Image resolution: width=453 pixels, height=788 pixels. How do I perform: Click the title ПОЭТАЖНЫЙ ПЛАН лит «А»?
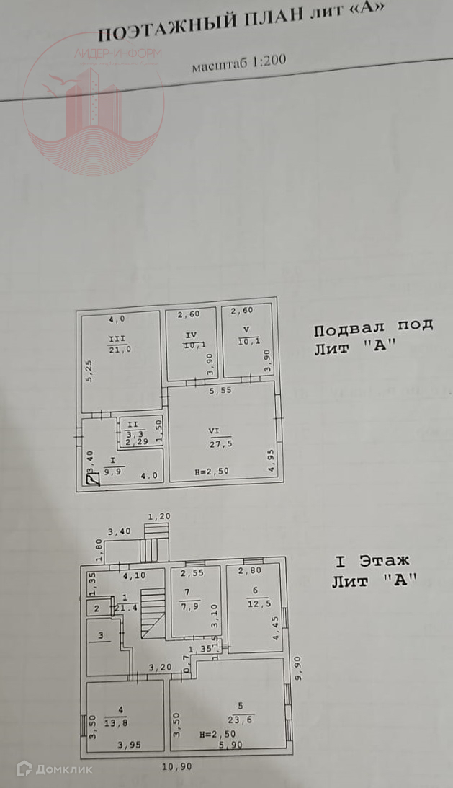point(241,24)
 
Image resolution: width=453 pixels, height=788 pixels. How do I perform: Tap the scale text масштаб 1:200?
point(238,63)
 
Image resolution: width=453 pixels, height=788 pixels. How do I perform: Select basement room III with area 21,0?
point(120,345)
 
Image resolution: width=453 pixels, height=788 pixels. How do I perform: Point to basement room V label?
point(243,336)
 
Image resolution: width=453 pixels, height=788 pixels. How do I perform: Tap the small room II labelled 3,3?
point(133,433)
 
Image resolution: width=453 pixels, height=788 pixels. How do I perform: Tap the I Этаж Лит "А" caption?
point(373,570)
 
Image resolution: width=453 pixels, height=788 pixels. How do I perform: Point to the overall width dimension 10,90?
point(177,766)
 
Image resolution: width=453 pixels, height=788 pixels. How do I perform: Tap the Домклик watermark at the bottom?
point(55,769)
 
